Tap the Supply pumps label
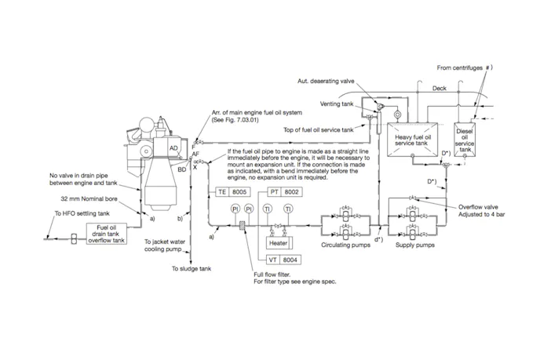click(414, 245)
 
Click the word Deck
click(439, 89)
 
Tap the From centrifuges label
click(463, 67)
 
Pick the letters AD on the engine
click(174, 148)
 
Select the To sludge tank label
click(192, 269)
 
